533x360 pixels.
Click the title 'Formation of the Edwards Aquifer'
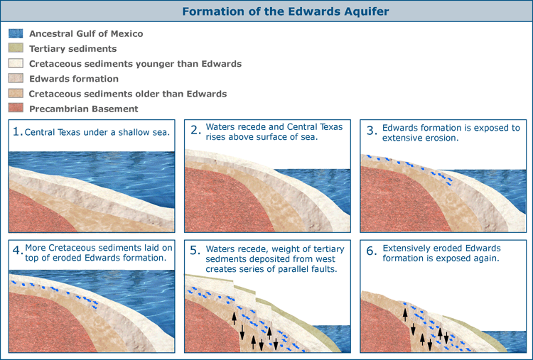click(x=286, y=11)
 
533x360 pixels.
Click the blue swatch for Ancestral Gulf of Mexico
click(x=16, y=33)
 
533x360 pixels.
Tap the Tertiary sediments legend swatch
click(x=16, y=48)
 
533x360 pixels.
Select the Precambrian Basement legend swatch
click(x=16, y=108)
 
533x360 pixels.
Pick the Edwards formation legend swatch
click(x=16, y=78)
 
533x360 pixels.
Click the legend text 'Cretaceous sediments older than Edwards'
click(x=128, y=94)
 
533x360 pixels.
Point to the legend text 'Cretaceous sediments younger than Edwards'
click(x=135, y=64)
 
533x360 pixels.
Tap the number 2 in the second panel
click(x=195, y=130)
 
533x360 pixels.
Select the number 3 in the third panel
click(x=372, y=131)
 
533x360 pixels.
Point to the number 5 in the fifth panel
click(x=195, y=251)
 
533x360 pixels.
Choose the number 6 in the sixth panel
click(x=372, y=251)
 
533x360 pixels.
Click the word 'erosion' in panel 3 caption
click(x=441, y=138)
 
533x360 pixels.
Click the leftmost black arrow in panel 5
click(x=235, y=318)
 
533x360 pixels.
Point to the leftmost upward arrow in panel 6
click(x=405, y=315)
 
